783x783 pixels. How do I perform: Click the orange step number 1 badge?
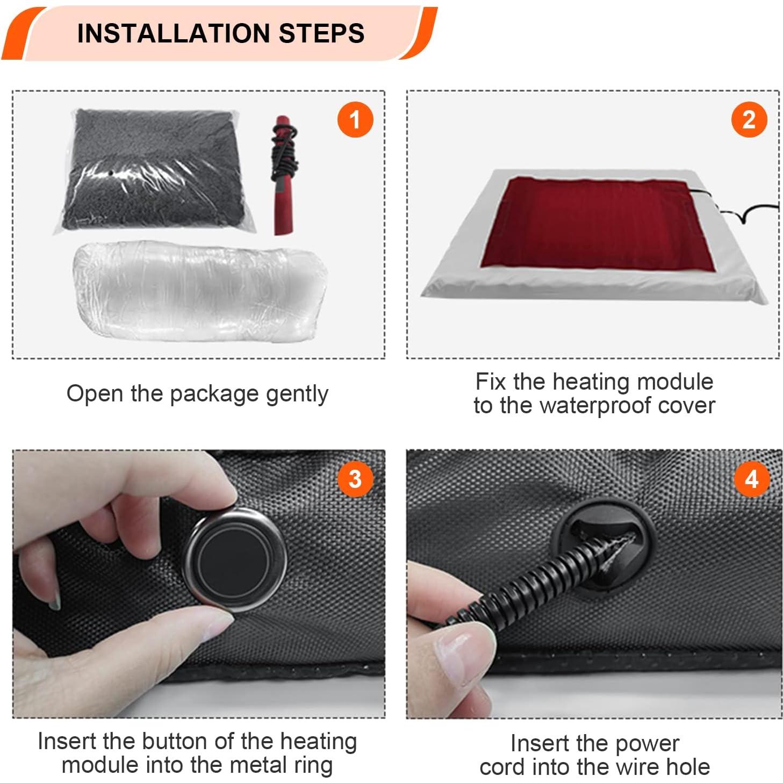coord(355,119)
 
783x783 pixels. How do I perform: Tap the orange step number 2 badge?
coord(749,119)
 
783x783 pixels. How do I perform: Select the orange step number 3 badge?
coord(355,478)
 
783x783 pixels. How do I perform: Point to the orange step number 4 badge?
coord(751,478)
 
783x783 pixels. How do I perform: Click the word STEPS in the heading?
coord(321,33)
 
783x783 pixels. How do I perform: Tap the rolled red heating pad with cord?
coord(283,175)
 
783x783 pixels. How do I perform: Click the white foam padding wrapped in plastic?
coord(199,290)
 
